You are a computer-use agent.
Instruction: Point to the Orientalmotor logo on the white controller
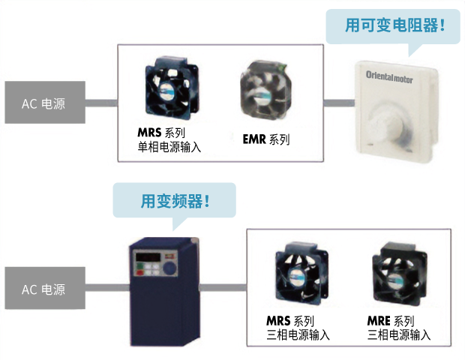pyautogui.click(x=394, y=76)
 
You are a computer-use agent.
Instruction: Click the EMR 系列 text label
pyautogui.click(x=266, y=139)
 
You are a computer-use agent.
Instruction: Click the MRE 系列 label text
pyautogui.click(x=391, y=321)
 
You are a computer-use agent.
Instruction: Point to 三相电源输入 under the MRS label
pyautogui.click(x=298, y=334)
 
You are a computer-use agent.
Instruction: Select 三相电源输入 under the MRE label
pyautogui.click(x=399, y=334)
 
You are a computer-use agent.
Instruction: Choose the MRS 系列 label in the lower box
pyautogui.click(x=289, y=321)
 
